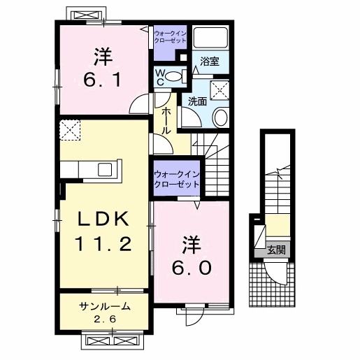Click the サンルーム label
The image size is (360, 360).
(102, 306)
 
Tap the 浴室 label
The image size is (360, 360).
(209, 61)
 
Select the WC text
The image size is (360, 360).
(160, 76)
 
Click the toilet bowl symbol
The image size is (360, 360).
(175, 76)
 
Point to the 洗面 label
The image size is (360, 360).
(196, 101)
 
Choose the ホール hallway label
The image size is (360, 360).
(166, 121)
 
